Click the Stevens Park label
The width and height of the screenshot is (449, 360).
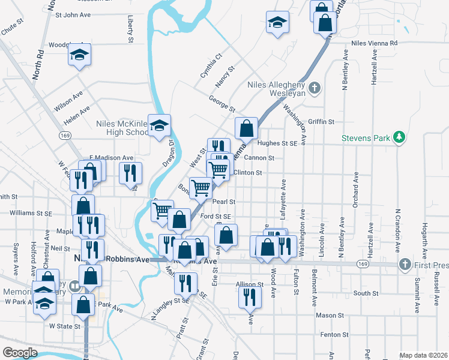point(365,138)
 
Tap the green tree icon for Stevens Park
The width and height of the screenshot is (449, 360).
point(398,137)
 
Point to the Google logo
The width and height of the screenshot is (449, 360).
point(20,352)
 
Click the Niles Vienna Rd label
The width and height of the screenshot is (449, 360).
point(375,43)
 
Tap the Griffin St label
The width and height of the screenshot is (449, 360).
point(321,121)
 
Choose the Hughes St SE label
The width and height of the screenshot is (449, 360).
point(277,143)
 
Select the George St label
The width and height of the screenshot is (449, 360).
point(221,103)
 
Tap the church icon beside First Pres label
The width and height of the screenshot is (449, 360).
point(405,265)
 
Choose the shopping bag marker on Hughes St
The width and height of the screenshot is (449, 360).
point(246,127)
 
